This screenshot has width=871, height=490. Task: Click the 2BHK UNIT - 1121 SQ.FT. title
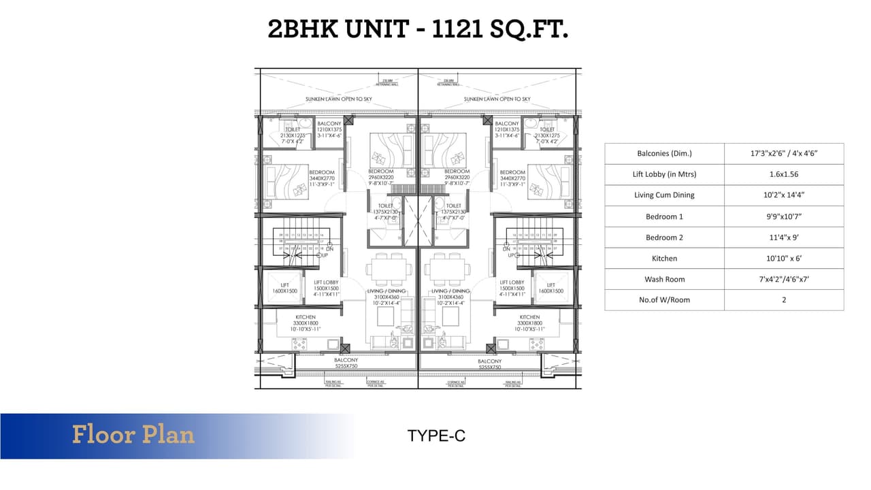click(x=418, y=29)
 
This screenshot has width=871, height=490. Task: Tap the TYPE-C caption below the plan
click(x=436, y=436)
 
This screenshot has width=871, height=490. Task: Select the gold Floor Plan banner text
click(x=133, y=435)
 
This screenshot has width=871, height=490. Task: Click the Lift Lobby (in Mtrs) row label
click(x=664, y=174)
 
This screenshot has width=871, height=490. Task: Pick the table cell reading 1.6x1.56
click(x=783, y=174)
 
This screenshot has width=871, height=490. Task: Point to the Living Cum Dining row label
click(x=664, y=195)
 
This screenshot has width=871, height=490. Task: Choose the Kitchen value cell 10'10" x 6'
click(x=783, y=259)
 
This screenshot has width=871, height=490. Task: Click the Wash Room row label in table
click(x=664, y=279)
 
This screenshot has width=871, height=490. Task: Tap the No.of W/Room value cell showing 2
click(x=783, y=300)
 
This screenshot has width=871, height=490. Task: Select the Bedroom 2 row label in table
click(x=664, y=238)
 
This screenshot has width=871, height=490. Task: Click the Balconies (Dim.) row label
click(x=664, y=153)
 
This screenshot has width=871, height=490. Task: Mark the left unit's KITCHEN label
click(x=306, y=317)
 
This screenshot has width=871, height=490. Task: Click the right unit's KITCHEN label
click(x=529, y=317)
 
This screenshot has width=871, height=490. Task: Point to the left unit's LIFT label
click(x=284, y=285)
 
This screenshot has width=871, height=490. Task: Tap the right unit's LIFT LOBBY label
click(x=511, y=282)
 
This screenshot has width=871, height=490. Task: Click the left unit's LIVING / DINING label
click(x=387, y=291)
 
